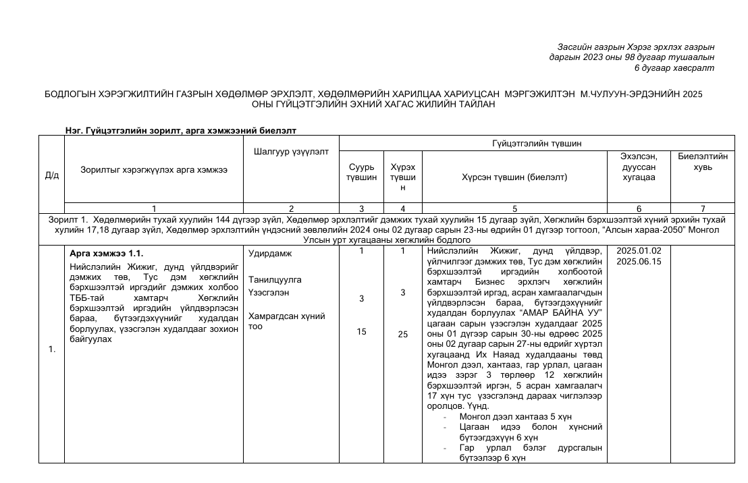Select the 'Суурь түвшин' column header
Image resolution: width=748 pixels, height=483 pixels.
[361, 172]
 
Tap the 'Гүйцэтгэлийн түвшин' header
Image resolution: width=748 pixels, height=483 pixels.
[537, 143]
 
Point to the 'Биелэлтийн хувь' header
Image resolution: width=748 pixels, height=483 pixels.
[703, 162]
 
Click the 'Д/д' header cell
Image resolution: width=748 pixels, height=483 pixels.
[51, 175]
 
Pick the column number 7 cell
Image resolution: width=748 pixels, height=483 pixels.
[703, 208]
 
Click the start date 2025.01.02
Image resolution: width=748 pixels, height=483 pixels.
[639, 251]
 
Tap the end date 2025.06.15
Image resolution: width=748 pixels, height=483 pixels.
[639, 261]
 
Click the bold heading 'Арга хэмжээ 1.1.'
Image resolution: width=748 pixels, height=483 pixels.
[107, 254]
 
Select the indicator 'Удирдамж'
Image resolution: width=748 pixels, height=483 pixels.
[269, 254]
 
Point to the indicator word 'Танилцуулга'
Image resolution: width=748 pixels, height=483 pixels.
[275, 279]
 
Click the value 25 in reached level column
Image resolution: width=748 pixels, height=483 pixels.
[402, 334]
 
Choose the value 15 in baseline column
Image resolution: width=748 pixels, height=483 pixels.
[361, 331]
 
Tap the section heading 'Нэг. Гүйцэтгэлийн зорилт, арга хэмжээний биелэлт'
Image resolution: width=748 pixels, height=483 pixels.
[181, 130]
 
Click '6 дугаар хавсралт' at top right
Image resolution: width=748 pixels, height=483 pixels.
[674, 67]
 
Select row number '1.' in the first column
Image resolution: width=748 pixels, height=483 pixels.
[52, 349]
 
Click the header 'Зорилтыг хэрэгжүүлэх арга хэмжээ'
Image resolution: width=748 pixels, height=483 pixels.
[154, 170]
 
